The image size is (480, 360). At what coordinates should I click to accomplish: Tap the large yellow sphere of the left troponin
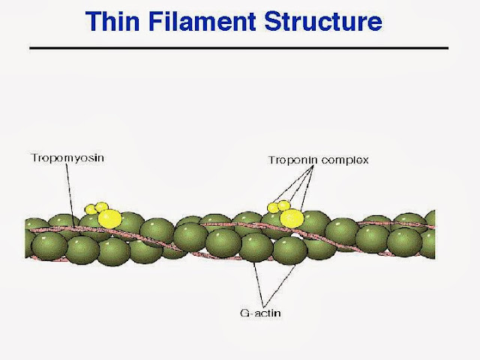point(109,218)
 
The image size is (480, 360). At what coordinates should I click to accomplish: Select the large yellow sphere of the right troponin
point(292,218)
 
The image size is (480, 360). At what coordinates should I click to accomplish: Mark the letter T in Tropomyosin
point(34,158)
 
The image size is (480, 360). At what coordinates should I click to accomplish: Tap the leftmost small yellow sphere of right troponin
point(273,207)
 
